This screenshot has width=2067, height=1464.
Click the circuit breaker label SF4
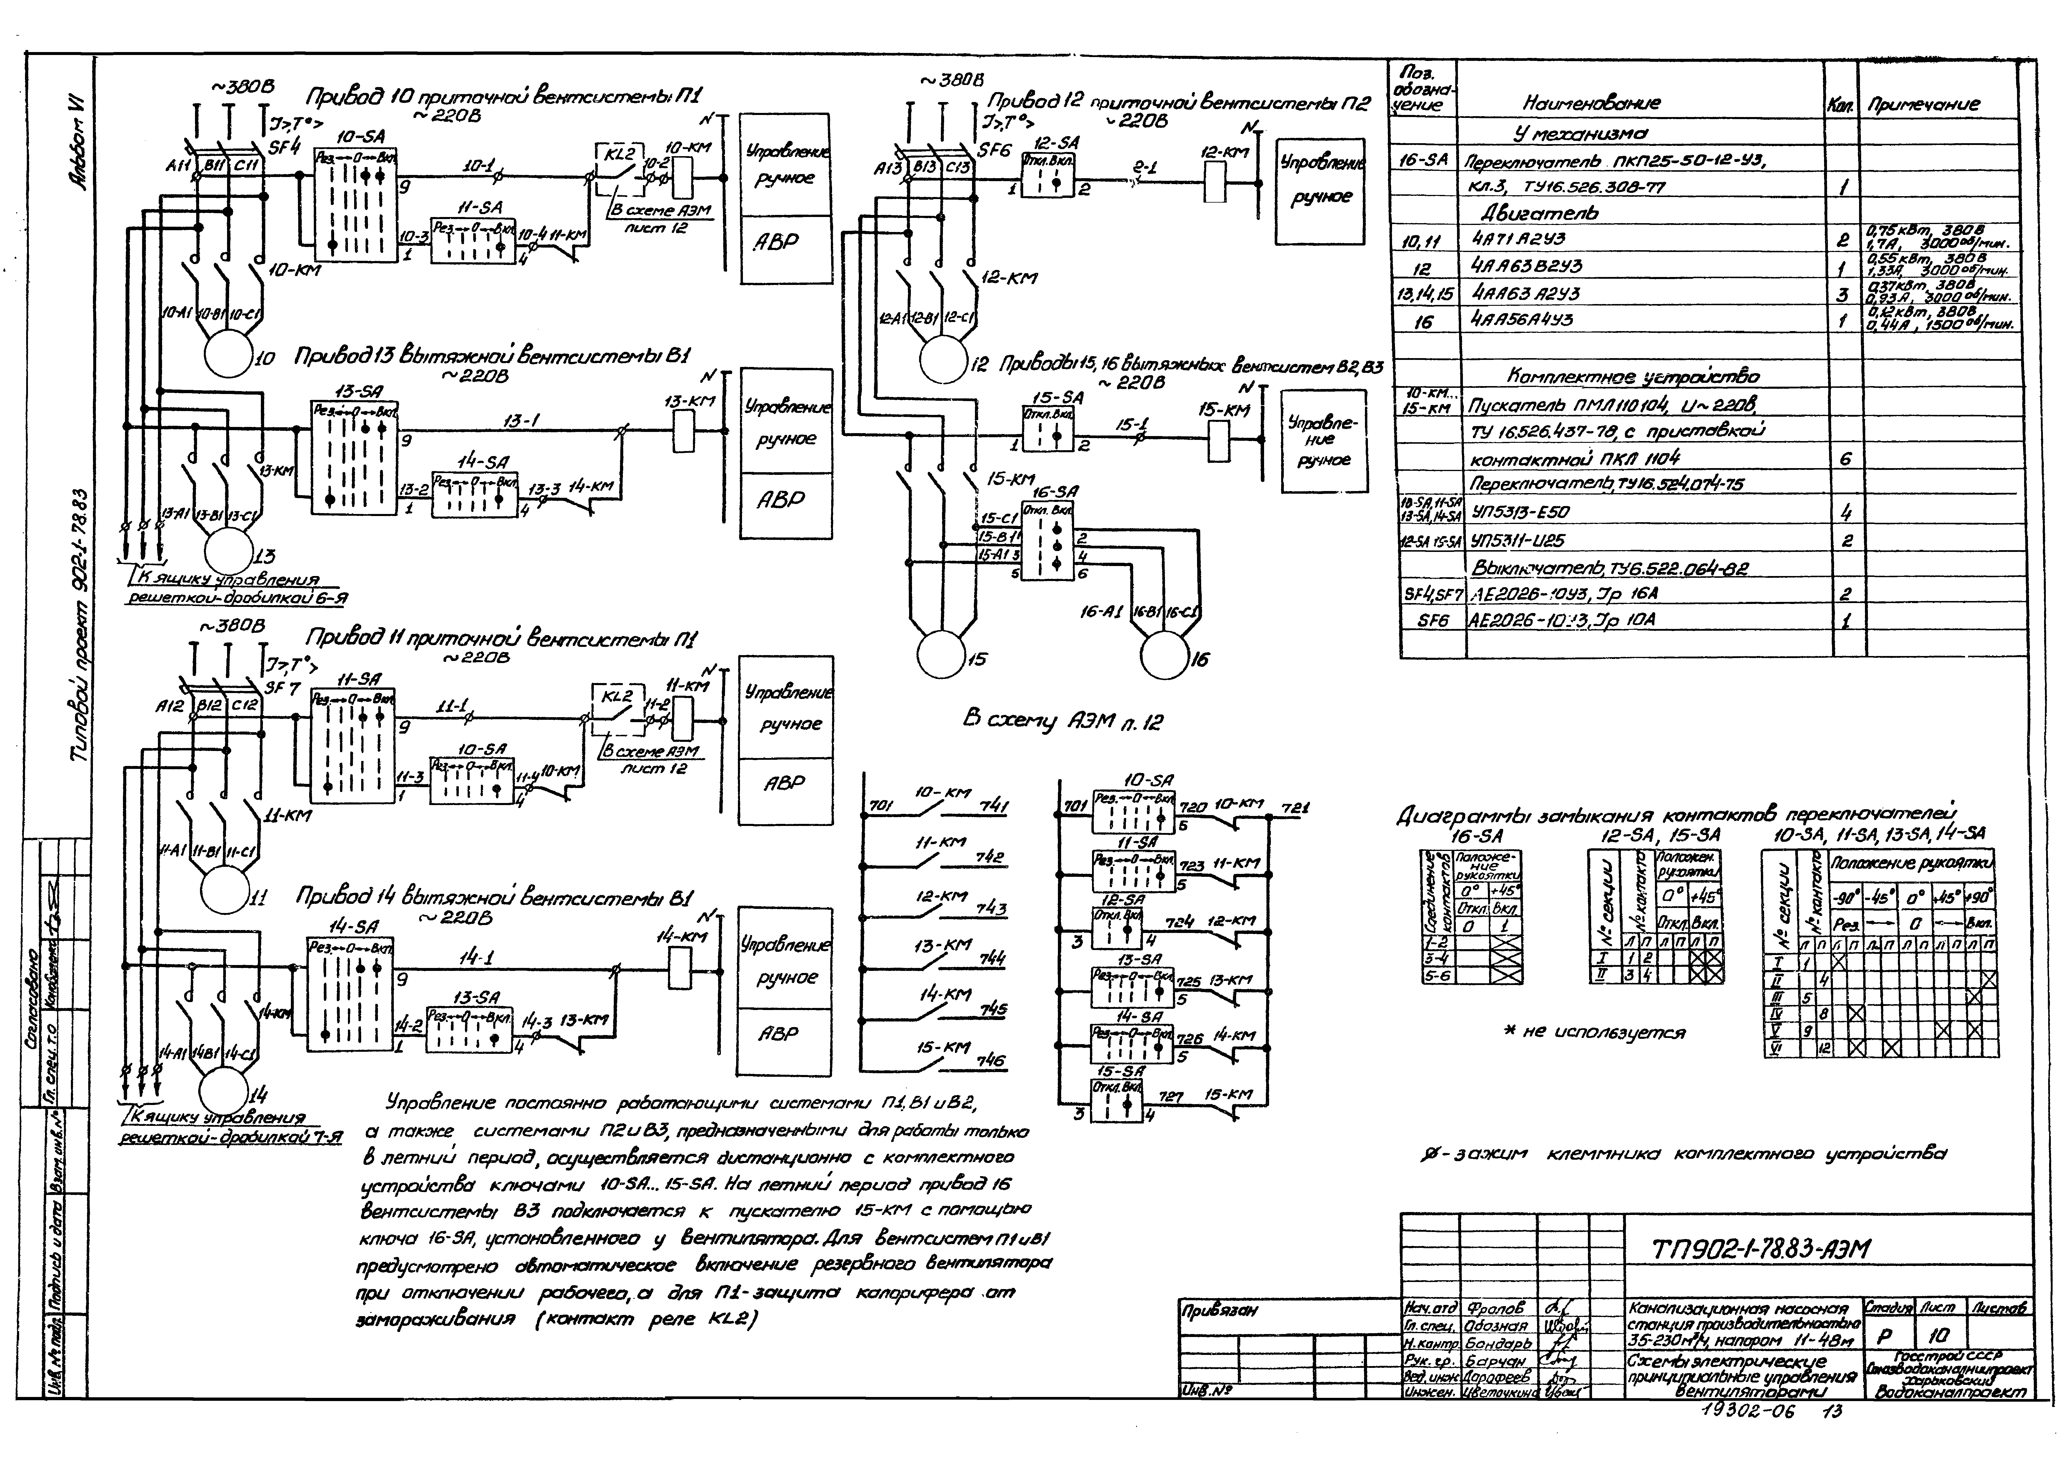283,147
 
